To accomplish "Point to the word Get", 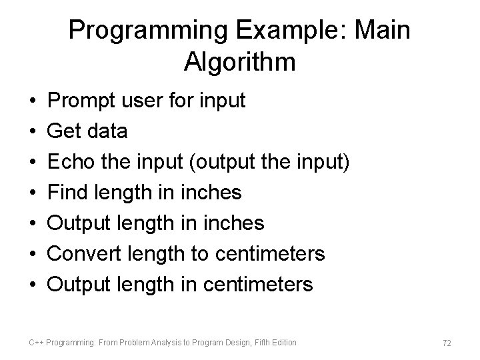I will (65, 131).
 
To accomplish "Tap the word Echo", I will (71, 162).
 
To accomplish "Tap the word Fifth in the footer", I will (259, 343).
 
